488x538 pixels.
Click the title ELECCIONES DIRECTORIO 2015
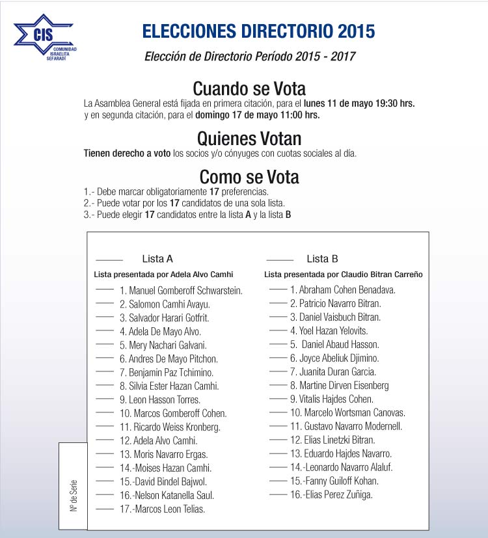(x=258, y=31)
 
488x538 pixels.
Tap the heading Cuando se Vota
(x=249, y=88)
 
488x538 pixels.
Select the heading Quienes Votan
(x=249, y=139)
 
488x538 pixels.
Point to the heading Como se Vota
(x=249, y=177)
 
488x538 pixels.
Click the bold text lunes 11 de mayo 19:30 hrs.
(x=359, y=103)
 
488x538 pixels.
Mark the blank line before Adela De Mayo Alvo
(x=105, y=330)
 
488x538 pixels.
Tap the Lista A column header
(x=157, y=259)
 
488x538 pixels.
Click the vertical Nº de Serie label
(x=74, y=494)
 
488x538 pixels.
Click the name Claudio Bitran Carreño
(x=381, y=275)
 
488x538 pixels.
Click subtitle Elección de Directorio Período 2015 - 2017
(x=250, y=56)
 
